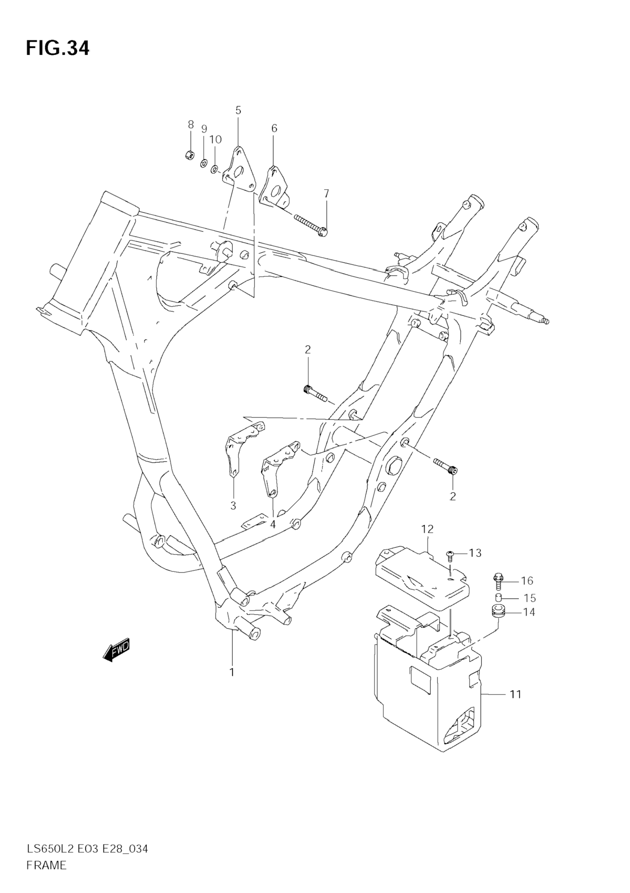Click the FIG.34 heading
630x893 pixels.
(58, 48)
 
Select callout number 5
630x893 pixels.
(238, 110)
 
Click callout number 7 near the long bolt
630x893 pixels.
(326, 194)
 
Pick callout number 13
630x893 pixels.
(475, 553)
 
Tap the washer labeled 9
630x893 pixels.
(203, 164)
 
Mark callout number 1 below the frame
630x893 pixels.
(232, 672)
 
